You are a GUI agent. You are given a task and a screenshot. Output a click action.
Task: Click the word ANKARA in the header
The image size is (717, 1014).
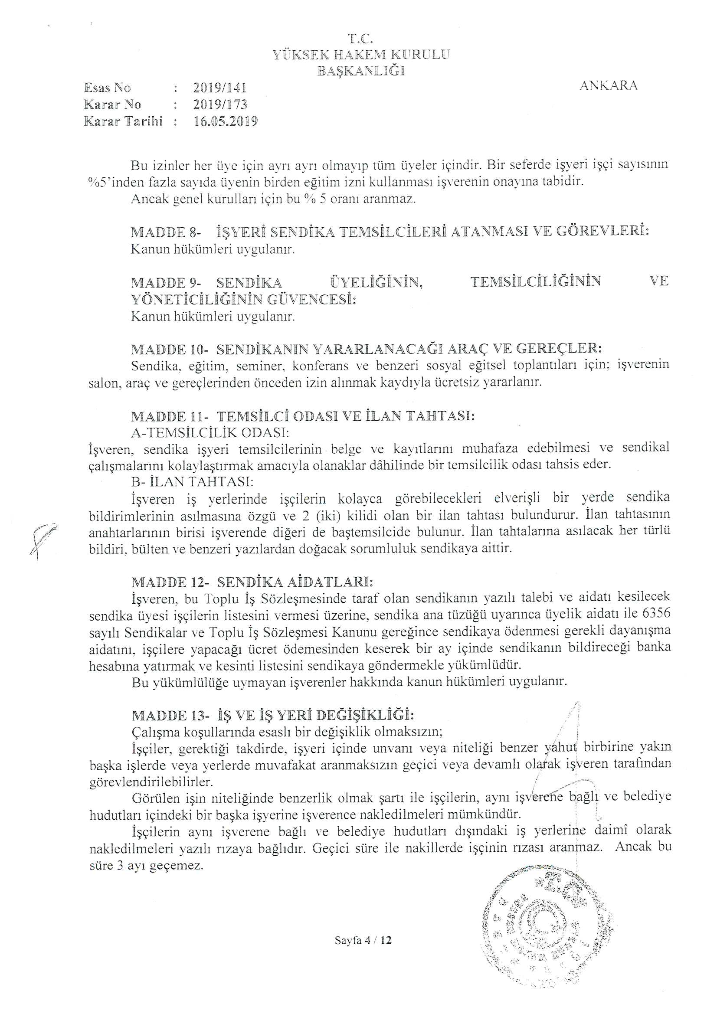tap(608, 86)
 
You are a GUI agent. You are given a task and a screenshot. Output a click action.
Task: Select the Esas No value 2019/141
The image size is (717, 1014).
tap(219, 88)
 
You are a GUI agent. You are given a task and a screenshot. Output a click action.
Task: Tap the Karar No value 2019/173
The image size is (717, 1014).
tap(220, 105)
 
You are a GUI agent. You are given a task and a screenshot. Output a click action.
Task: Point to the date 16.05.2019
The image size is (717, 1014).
tap(225, 121)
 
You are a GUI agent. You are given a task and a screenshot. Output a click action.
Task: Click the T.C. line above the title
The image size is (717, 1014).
tap(361, 39)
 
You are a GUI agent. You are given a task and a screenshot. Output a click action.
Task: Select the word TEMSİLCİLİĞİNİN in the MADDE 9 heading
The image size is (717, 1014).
tap(535, 281)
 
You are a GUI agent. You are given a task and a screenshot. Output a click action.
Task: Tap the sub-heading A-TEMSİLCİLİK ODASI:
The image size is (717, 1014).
tap(210, 432)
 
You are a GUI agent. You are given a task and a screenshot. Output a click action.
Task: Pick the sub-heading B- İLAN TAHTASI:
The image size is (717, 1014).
tap(192, 481)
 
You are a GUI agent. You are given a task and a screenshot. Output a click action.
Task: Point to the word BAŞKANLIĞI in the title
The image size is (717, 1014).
tap(361, 71)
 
